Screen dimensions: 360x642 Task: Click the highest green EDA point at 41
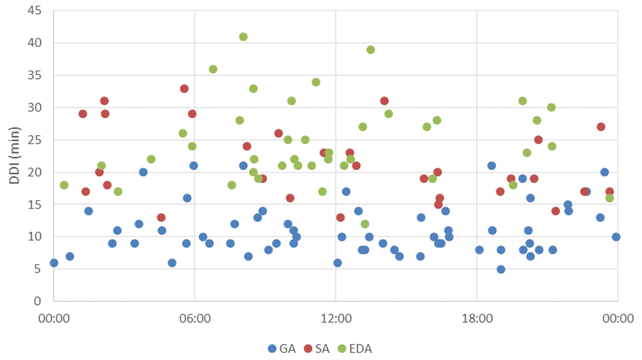[243, 37]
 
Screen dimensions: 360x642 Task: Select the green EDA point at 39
[370, 49]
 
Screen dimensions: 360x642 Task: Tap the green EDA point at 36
[213, 69]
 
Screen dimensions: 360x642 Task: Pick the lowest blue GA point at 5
[501, 269]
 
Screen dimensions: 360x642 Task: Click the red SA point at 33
[184, 89]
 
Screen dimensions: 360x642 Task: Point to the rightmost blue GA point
[616, 237]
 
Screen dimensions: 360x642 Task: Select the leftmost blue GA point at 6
[54, 262]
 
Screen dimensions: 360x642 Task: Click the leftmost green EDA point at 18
[64, 185]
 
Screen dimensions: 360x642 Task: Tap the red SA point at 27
[601, 127]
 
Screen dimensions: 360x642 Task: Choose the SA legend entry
[317, 349]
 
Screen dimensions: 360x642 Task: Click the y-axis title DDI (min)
[14, 155]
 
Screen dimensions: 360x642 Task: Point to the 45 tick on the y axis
[34, 11]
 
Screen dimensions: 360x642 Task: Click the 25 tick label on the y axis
[34, 140]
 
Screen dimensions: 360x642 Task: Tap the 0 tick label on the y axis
[37, 301]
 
